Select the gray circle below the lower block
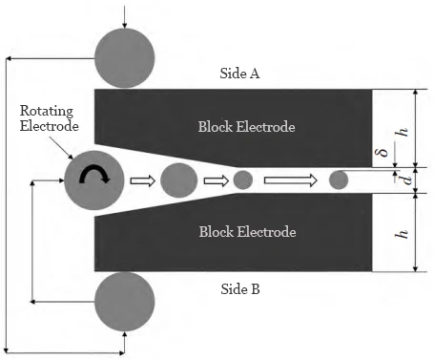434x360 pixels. click(x=127, y=303)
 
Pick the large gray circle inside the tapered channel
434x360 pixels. click(x=178, y=180)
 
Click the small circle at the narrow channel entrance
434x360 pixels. click(x=242, y=180)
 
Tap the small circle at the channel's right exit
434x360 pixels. click(x=338, y=180)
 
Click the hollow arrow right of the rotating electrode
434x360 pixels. click(x=141, y=180)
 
